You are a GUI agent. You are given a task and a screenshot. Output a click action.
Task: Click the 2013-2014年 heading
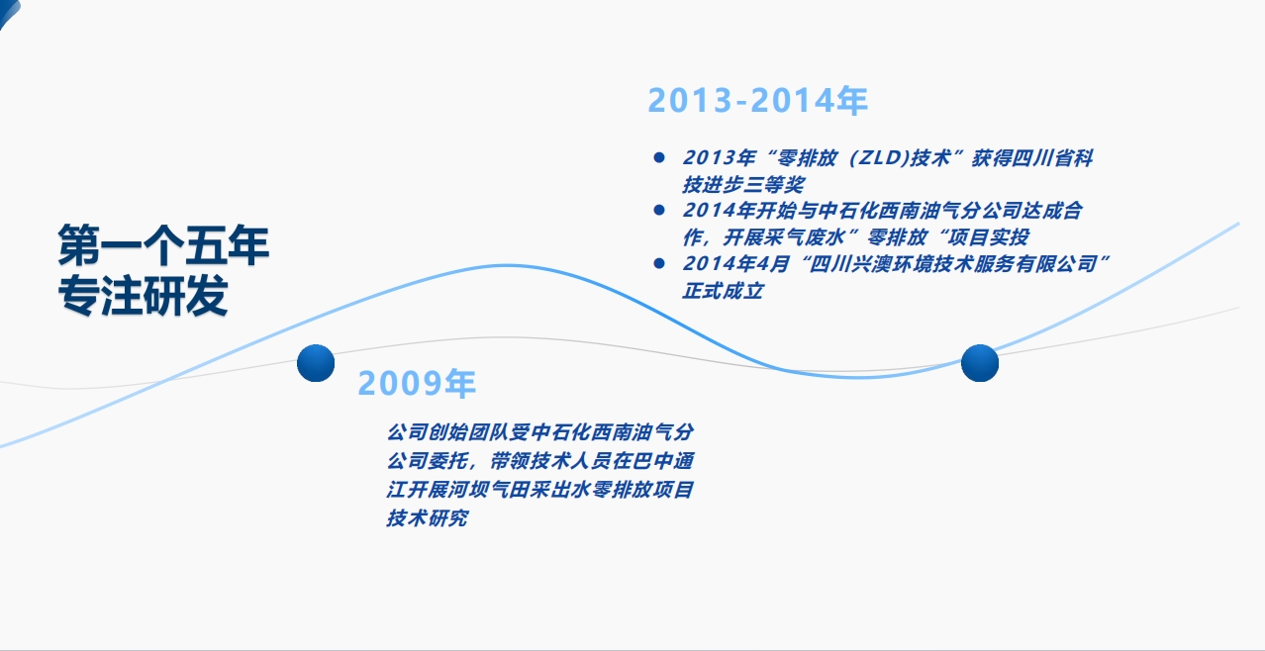[757, 101]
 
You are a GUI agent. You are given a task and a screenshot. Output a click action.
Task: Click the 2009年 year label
[417, 383]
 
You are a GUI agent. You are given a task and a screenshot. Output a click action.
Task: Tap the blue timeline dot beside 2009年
[316, 363]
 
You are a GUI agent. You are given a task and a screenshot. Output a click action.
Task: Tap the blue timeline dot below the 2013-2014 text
[980, 363]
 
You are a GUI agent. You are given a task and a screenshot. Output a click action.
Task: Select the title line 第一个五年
[163, 244]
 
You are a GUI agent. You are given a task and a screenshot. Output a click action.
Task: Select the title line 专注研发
[143, 295]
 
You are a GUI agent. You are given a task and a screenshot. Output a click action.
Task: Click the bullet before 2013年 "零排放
[659, 157]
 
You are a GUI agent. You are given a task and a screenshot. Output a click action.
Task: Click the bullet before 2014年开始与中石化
[659, 210]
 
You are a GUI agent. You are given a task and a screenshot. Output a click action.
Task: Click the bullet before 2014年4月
[659, 263]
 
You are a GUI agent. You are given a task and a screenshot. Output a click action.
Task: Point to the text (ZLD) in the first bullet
[879, 158]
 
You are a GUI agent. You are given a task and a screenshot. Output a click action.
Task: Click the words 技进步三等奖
[743, 185]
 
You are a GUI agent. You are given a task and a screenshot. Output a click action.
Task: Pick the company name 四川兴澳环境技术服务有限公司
[953, 264]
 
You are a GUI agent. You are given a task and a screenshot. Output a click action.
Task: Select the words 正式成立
[723, 291]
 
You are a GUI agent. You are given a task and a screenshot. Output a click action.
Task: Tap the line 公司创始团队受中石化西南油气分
[540, 432]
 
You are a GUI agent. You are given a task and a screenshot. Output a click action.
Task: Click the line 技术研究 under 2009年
[428, 517]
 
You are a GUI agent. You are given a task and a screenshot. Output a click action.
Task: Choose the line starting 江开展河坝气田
[540, 489]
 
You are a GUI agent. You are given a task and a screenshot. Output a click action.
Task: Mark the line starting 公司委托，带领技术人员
[540, 461]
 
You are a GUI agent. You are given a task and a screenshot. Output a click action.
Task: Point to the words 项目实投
[988, 237]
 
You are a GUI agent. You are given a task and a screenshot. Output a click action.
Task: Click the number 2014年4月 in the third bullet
[735, 264]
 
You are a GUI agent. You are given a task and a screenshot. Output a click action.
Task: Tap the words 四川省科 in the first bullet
[1052, 158]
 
